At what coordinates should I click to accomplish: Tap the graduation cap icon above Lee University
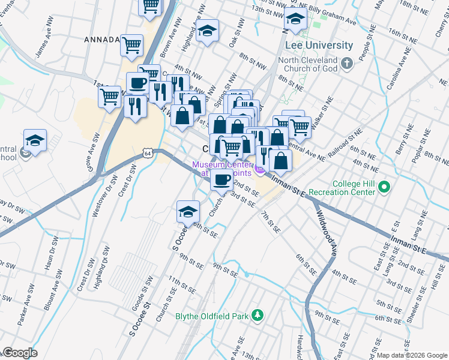tap(295, 20)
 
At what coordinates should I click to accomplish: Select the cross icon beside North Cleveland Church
tap(346, 62)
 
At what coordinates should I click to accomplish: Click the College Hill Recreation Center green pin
tap(385, 189)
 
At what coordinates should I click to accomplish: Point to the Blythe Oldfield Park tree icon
tap(257, 315)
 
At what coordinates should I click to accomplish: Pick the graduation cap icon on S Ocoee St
tap(188, 211)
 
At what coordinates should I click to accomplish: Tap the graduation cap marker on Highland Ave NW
tap(207, 30)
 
